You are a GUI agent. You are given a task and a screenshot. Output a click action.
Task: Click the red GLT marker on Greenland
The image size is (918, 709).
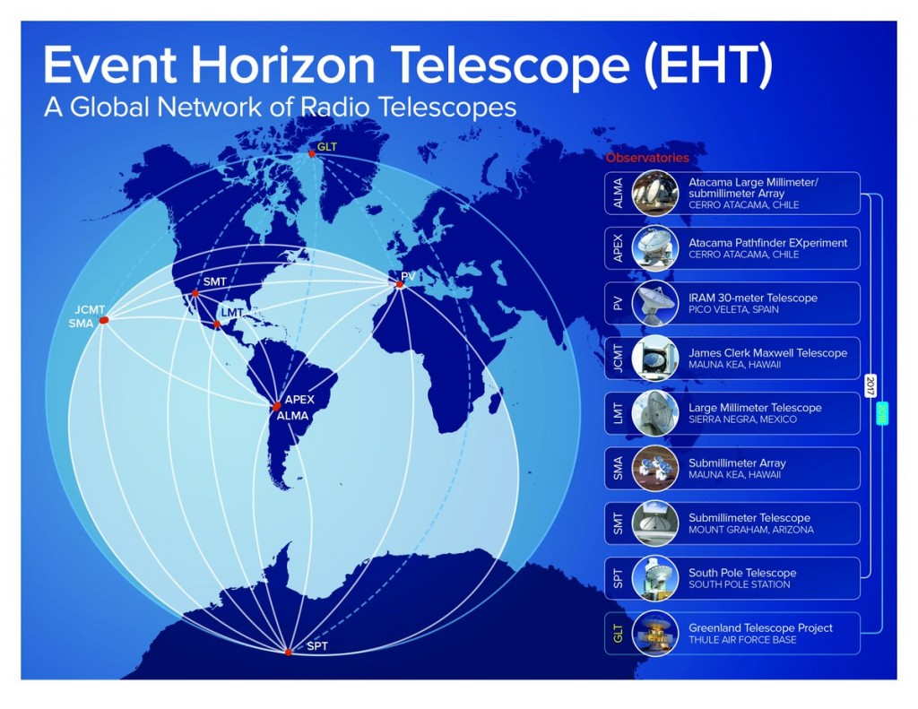pyautogui.click(x=311, y=154)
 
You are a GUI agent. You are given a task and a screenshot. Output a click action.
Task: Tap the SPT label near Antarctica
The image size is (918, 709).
pyautogui.click(x=317, y=646)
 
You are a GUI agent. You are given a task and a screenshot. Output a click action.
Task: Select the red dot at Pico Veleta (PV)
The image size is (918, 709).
pyautogui.click(x=400, y=284)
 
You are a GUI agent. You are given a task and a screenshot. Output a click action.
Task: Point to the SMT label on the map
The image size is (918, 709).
pyautogui.click(x=215, y=281)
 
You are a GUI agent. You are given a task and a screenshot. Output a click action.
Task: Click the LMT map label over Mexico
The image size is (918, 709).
pyautogui.click(x=232, y=313)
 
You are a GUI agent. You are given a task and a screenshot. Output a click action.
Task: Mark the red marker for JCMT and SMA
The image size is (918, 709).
pyautogui.click(x=104, y=320)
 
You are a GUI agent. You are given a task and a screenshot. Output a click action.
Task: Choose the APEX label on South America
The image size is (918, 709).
pyautogui.click(x=299, y=399)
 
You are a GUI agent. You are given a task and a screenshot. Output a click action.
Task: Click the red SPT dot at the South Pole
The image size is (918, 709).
pyautogui.click(x=288, y=653)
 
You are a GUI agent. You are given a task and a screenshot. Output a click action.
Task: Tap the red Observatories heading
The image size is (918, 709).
pyautogui.click(x=647, y=158)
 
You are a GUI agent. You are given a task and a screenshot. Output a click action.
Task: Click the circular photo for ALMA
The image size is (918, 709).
pyautogui.click(x=655, y=194)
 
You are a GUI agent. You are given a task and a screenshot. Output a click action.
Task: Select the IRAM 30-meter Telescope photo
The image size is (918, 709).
pyautogui.click(x=655, y=303)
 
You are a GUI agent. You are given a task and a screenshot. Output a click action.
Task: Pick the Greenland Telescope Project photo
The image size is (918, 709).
pyautogui.click(x=655, y=634)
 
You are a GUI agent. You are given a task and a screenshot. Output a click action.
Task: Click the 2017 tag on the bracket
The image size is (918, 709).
pyautogui.click(x=870, y=385)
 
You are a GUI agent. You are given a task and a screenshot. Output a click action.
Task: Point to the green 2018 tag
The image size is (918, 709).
pyautogui.click(x=882, y=412)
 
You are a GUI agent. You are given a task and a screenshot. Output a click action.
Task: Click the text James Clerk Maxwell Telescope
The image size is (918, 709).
pyautogui.click(x=768, y=353)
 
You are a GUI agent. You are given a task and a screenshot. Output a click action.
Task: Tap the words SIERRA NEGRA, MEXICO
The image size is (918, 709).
pyautogui.click(x=742, y=419)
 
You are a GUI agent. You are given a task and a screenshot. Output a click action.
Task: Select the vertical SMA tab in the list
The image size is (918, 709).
pyautogui.click(x=618, y=469)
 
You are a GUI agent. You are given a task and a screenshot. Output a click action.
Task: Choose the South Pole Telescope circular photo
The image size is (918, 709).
pyautogui.click(x=655, y=578)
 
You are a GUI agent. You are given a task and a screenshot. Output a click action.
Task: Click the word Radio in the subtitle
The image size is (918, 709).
pyautogui.click(x=334, y=108)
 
